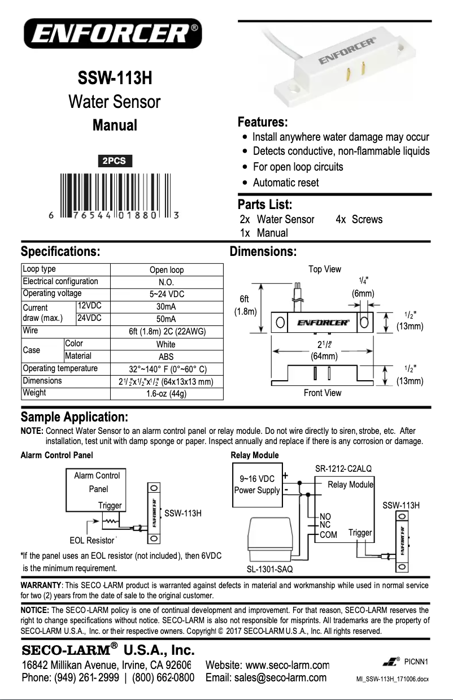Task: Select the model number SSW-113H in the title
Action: [x=115, y=77]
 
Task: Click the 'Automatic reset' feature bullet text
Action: [x=285, y=182]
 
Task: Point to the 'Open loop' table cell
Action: [x=166, y=270]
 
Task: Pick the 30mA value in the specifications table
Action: [x=166, y=307]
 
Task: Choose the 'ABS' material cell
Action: [x=166, y=356]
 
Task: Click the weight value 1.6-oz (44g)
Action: [x=166, y=394]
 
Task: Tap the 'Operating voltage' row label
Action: [x=52, y=293]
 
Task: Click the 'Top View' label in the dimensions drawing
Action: [x=324, y=269]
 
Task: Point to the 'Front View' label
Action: [x=322, y=393]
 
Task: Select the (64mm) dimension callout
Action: [x=324, y=356]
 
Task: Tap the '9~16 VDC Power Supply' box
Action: [x=257, y=484]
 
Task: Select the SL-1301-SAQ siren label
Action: [x=270, y=568]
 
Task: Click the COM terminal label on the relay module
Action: [x=328, y=534]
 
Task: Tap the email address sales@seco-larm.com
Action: [x=266, y=677]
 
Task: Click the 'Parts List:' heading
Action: [x=265, y=204]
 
